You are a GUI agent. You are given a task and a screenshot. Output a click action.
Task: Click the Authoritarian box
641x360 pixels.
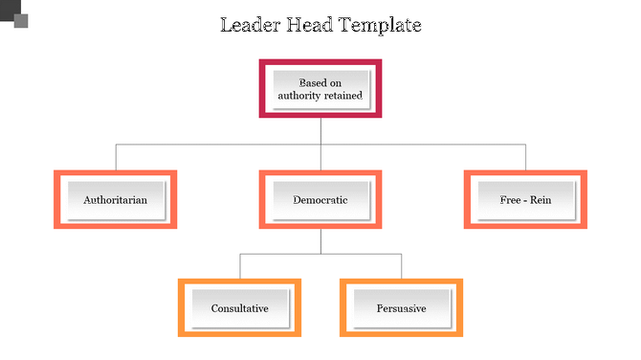pos(116,200)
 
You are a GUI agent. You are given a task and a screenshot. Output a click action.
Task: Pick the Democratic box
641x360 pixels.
pos(320,200)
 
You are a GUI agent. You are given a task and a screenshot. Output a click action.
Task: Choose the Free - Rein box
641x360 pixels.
pos(525,200)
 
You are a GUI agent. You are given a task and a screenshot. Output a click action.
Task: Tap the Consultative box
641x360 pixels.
pos(239,308)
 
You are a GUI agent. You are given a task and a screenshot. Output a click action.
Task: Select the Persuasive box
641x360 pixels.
pos(402,308)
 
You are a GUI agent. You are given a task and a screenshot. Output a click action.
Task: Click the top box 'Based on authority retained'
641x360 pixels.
pos(320,89)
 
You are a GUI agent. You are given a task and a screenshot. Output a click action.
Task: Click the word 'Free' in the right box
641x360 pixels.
pos(511,200)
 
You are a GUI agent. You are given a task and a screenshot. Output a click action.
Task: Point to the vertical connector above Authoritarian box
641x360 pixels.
pos(116,157)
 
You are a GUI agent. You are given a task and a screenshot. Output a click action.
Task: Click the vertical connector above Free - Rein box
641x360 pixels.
pos(525,157)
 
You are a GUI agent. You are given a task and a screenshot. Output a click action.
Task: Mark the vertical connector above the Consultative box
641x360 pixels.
pos(239,266)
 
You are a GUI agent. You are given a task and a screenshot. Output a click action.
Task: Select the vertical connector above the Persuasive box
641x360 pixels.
pos(402,266)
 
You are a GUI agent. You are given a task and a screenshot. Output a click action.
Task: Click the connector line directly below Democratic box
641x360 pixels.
pos(320,241)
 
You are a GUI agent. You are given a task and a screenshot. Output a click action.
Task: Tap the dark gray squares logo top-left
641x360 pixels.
pos(14,15)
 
